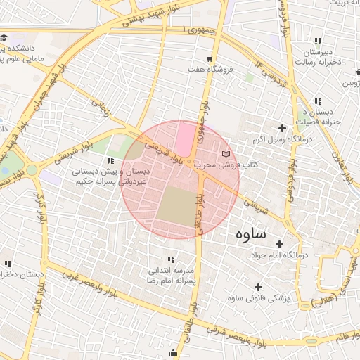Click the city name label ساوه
click(250, 233)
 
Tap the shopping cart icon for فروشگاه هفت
click(210, 58)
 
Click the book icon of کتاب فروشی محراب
click(225, 153)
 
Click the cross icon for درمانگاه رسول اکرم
click(283, 128)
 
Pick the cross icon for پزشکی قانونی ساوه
click(259, 287)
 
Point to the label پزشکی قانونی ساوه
click(259, 298)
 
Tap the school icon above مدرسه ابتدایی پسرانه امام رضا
click(168, 259)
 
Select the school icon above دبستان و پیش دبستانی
click(109, 161)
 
